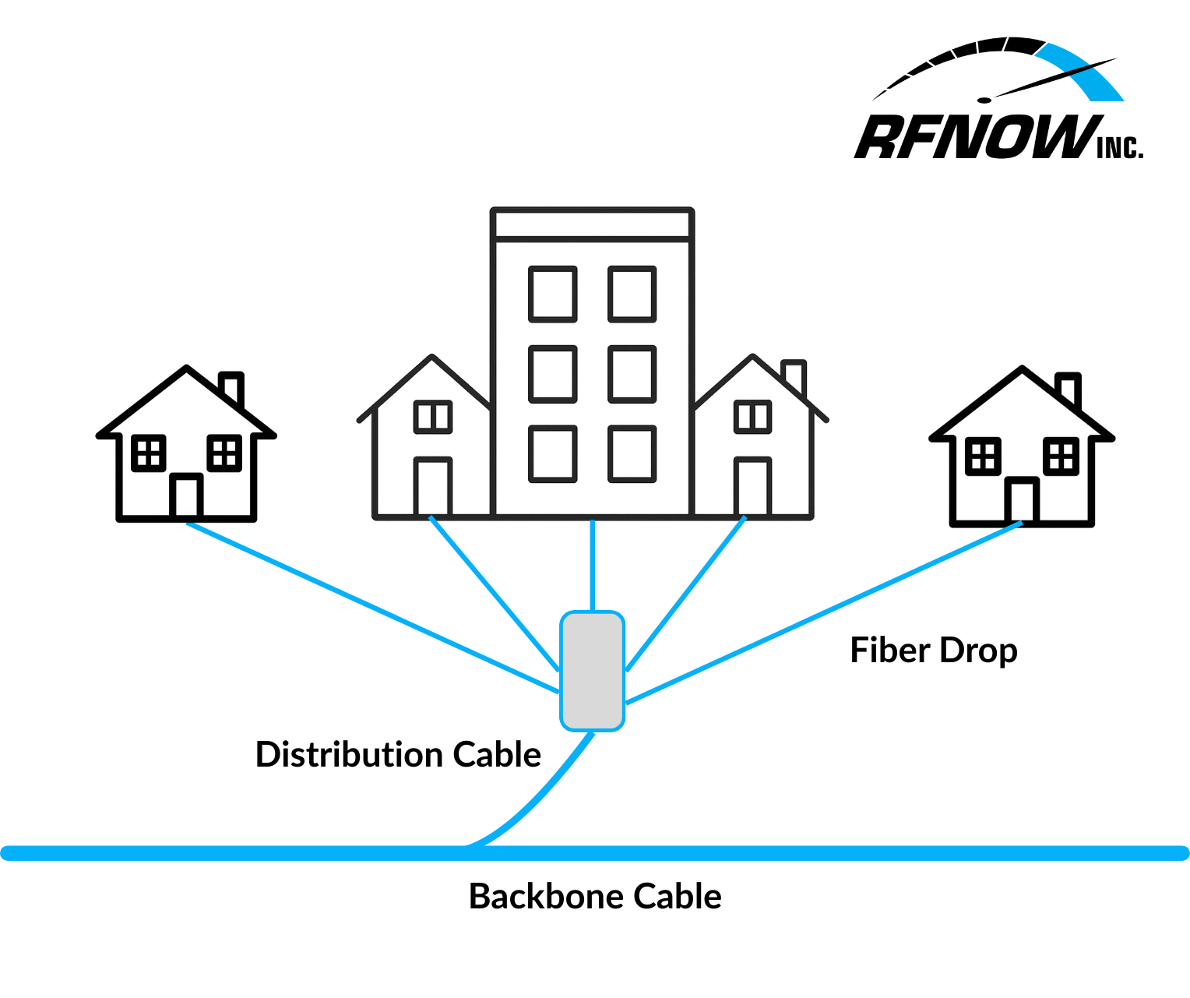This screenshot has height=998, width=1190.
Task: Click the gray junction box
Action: coord(593,671)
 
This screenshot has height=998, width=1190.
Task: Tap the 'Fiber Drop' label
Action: coord(933,651)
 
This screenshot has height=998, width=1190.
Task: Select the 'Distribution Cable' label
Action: coord(398,755)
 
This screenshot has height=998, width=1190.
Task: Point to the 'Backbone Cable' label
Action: coord(595,897)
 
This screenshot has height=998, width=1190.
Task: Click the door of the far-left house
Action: coord(186,495)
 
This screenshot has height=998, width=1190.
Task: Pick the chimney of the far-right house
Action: coord(1068,389)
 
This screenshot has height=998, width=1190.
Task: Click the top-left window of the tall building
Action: coord(553,294)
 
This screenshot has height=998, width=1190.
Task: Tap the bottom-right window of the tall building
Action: coord(632,453)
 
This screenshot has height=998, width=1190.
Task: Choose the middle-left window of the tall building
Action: coord(553,374)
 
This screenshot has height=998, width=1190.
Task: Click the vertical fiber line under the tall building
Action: coord(593,565)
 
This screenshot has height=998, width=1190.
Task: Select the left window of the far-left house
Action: coord(148,453)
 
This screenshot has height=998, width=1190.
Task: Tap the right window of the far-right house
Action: coord(1061,456)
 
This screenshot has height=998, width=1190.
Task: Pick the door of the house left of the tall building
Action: coord(432,487)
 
